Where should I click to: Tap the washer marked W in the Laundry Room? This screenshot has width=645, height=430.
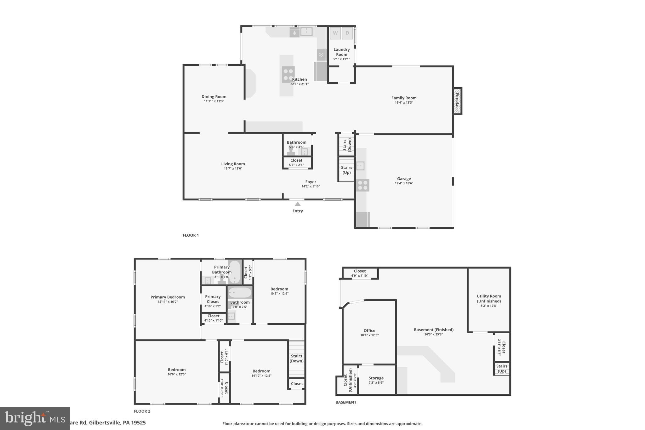coord(335,33)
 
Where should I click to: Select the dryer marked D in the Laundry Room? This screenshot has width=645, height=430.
coord(347,33)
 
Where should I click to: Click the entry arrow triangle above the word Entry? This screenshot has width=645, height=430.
coord(297,204)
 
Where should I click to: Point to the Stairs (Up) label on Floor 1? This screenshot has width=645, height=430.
coord(346,170)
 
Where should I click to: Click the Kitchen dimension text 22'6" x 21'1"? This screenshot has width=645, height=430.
coord(299,84)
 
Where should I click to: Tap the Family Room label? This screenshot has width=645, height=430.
coord(404,98)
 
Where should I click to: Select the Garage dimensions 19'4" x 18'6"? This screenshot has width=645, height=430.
coord(404,183)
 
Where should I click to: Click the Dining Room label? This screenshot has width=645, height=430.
coord(214,97)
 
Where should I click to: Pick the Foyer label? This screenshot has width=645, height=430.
coord(311,182)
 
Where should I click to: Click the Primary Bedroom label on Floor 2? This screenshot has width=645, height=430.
coord(168,297)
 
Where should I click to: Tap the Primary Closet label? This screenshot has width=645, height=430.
coord(213,299)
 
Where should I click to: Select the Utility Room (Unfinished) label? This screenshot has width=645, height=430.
coord(488,298)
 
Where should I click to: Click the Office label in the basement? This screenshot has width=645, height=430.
coord(369,330)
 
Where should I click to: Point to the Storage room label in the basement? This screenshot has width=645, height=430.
coord(376,378)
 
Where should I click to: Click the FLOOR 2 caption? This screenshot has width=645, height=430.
coord(142,411)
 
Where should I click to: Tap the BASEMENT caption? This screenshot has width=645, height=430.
coord(346,402)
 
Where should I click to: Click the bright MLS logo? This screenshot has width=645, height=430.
coord(35,418)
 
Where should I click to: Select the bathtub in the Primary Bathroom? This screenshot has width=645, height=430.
coord(234,272)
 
